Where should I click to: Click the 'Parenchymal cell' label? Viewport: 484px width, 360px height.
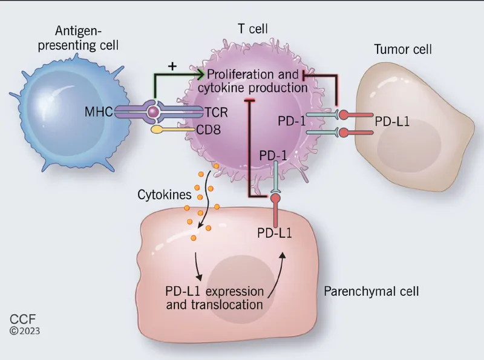click(371, 291)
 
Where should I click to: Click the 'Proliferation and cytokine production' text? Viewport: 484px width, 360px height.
click(254, 81)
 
